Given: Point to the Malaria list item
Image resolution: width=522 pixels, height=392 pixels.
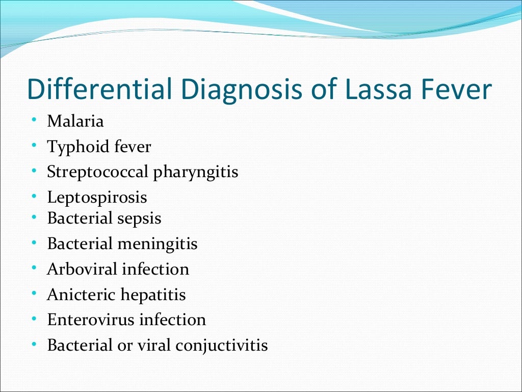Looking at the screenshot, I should [x=75, y=121].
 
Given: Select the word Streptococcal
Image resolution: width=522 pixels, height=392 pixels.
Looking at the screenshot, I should [x=98, y=172].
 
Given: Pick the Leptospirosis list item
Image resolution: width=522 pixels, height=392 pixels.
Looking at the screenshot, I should [x=97, y=198].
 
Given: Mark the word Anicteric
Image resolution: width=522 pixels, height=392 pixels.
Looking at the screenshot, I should [x=81, y=295].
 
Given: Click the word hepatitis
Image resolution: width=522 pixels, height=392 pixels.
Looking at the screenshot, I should [x=153, y=295].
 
